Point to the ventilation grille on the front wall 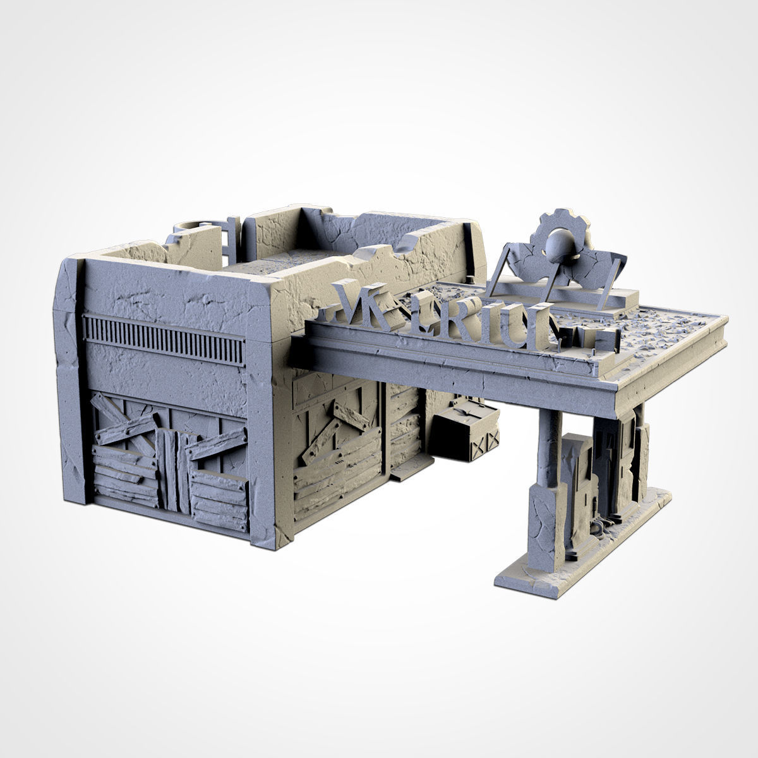pyautogui.click(x=164, y=338)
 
